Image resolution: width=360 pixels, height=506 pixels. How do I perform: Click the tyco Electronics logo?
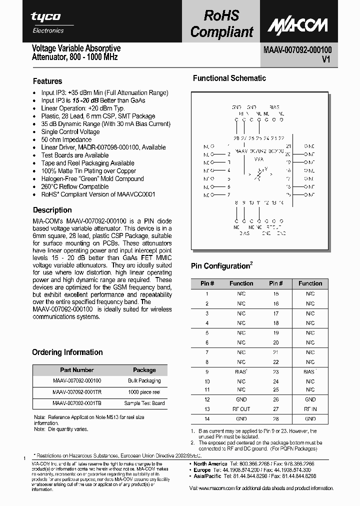tap(46, 22)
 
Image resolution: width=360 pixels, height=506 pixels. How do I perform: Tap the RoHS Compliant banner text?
tap(221, 24)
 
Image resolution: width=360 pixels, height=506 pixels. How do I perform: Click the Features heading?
tap(47, 81)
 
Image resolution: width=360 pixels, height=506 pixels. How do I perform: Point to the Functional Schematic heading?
tap(229, 78)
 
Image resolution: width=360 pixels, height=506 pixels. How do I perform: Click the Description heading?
tap(52, 210)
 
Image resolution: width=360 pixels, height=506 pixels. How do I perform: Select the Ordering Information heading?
tap(67, 352)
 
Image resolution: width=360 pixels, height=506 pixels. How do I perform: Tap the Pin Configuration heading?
tap(220, 266)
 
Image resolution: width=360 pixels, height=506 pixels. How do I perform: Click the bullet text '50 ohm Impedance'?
tap(66, 139)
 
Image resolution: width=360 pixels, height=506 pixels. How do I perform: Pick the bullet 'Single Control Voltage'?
tap(70, 132)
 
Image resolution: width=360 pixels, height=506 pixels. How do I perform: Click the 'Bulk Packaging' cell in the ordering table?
tap(144, 381)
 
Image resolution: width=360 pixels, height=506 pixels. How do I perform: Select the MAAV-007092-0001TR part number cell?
tap(76, 392)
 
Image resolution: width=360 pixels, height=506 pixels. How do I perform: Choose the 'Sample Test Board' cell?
tap(144, 403)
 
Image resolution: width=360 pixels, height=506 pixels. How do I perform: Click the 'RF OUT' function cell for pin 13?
tap(241, 409)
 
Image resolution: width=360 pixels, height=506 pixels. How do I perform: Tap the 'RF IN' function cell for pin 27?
tap(310, 409)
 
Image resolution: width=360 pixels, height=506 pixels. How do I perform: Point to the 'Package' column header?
tap(144, 370)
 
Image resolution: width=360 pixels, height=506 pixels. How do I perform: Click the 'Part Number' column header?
tap(76, 370)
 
